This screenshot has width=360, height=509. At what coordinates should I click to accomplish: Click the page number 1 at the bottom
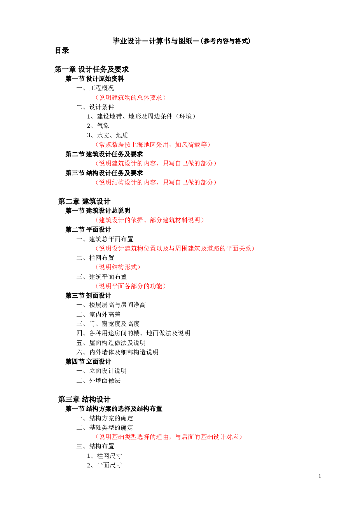tap(320, 476)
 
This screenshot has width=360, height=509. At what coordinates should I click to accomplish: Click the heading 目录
tap(62, 51)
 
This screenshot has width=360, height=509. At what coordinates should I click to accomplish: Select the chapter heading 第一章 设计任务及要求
tap(91, 70)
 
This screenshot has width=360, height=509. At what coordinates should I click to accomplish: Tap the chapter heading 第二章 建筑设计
tap(84, 201)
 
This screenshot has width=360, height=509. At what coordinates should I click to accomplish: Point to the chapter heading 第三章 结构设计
tap(84, 399)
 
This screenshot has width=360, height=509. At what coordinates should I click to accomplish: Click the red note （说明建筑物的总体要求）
tap(131, 98)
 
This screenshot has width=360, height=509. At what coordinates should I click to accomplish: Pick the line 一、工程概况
tap(95, 88)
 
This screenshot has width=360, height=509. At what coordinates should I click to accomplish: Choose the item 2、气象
tap(98, 126)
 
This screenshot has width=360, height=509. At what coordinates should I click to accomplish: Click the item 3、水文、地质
tap(107, 135)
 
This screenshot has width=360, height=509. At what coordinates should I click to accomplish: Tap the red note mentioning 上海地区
tap(153, 145)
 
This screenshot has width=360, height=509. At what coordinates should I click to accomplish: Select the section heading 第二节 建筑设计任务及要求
tap(104, 154)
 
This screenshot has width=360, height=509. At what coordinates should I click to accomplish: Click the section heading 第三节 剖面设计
tap(88, 296)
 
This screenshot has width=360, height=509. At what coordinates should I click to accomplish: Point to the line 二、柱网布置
tap(95, 258)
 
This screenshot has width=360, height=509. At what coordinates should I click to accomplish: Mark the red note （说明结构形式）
tap(118, 267)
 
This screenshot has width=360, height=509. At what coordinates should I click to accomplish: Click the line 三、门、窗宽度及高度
tap(108, 324)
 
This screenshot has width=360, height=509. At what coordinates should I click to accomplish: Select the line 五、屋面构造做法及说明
tap(111, 343)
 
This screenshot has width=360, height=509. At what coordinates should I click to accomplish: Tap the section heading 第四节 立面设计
tap(88, 362)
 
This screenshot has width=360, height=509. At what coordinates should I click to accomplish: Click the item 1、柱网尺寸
tap(104, 456)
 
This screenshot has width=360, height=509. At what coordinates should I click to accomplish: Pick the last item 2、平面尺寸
tap(104, 465)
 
